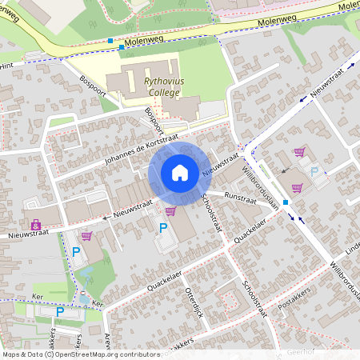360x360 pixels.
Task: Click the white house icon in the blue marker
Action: click(x=179, y=173)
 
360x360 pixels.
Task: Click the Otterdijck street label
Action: click(x=195, y=301)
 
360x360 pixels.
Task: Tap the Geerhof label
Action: click(x=301, y=351)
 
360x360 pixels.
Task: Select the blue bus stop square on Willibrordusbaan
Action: click(x=285, y=202)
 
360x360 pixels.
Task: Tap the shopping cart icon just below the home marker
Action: click(x=170, y=210)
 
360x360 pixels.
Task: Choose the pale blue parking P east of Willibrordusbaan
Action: click(x=314, y=171)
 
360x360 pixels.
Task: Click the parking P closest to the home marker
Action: click(x=163, y=228)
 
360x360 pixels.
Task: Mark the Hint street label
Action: click(x=7, y=66)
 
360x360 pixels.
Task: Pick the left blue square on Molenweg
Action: click(x=110, y=41)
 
